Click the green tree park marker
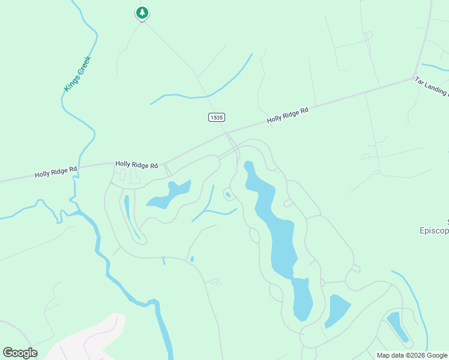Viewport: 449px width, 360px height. (142, 13)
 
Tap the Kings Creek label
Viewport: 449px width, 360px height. (77, 74)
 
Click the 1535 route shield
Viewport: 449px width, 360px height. (217, 117)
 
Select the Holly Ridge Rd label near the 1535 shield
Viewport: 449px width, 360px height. (288, 115)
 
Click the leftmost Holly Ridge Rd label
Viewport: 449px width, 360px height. (56, 172)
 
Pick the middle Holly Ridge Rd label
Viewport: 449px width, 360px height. (136, 164)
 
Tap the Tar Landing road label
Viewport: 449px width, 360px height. (431, 86)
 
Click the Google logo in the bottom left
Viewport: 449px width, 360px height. (20, 353)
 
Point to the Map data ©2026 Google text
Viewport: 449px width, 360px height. (411, 355)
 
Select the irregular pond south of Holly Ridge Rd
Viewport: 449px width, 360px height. (170, 194)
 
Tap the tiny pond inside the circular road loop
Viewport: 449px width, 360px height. (228, 194)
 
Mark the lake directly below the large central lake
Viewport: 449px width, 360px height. (303, 299)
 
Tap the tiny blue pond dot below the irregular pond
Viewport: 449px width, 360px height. (191, 259)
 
